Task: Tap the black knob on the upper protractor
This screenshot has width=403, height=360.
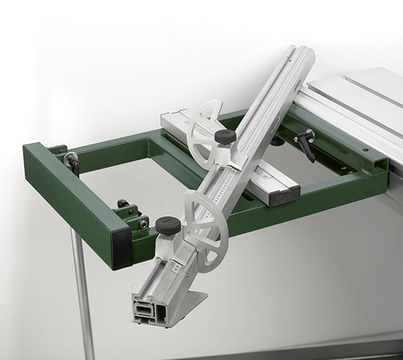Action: point(225,136)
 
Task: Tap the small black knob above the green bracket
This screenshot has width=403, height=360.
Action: point(123,204)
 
